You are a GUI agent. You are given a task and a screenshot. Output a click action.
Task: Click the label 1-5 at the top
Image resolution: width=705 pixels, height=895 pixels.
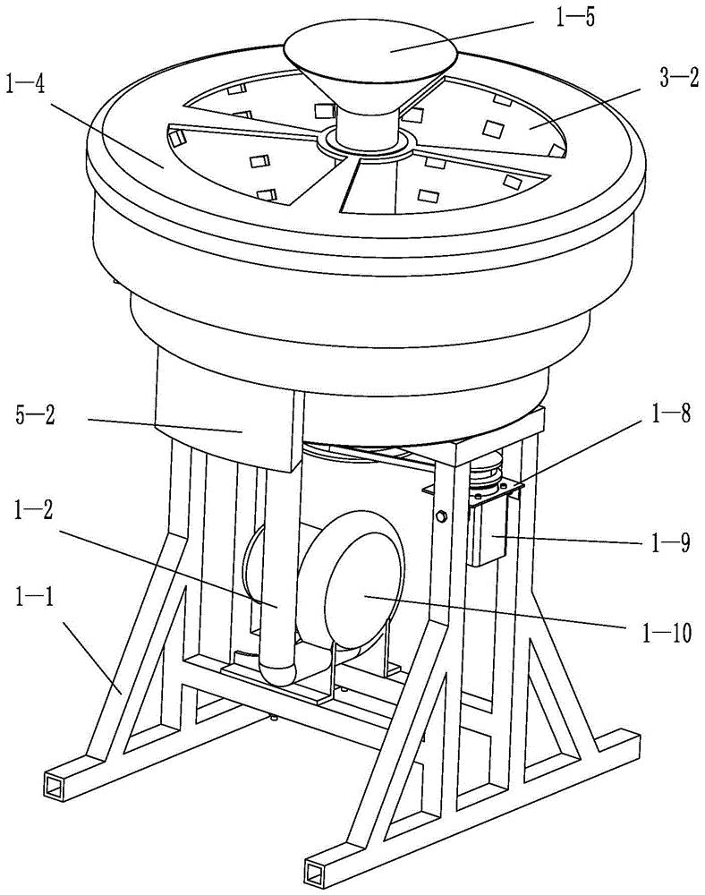575,17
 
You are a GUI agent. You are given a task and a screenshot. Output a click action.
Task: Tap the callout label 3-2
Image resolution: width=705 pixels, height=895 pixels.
679,79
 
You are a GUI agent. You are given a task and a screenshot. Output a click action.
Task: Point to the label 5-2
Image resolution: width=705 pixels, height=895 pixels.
35,415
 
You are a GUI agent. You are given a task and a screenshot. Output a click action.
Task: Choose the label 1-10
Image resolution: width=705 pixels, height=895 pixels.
667,632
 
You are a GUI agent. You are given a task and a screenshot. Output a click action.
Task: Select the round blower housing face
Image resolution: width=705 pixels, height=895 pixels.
364,592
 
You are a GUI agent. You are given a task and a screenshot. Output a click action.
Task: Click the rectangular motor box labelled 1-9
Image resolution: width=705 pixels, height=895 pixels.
488,528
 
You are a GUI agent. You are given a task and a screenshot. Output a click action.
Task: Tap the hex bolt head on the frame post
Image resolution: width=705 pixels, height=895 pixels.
440,516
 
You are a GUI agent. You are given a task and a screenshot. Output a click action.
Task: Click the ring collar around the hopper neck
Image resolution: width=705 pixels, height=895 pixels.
365,142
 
